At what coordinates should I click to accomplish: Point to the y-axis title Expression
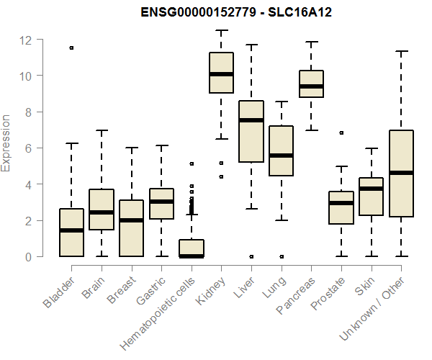[x=7, y=143]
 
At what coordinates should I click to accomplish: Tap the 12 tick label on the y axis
[x=26, y=40]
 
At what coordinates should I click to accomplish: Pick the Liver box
[x=251, y=131]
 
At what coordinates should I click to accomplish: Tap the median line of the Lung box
[x=281, y=156]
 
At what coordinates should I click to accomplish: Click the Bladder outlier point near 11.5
[x=71, y=48]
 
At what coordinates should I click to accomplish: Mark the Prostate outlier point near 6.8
[x=341, y=133]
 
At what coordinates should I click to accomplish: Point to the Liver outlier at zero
[x=251, y=256]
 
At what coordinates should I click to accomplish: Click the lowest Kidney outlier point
[x=221, y=176]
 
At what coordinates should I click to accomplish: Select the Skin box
[x=371, y=196]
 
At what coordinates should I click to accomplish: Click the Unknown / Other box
[x=401, y=173]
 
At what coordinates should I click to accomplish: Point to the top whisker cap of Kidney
[x=221, y=31]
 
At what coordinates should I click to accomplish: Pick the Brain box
[x=102, y=209]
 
